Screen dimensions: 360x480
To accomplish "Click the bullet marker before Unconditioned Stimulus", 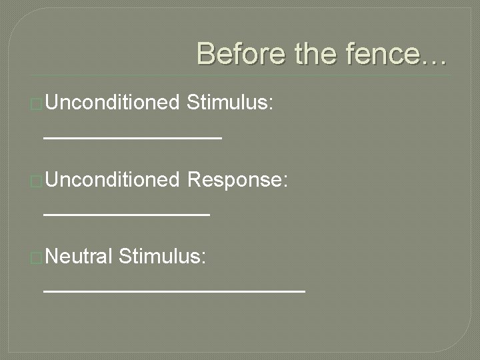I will [x=37, y=104].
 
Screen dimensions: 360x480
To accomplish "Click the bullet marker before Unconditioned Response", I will [x=37, y=181].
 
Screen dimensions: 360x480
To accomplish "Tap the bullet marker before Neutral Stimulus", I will [x=37, y=257].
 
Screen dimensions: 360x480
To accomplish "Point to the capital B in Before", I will [x=206, y=53].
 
